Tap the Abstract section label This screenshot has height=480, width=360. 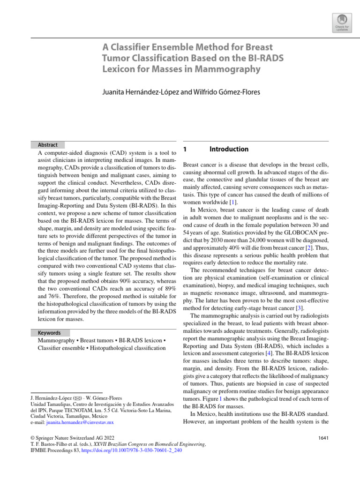(x=45, y=145)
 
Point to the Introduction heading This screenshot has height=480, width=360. (x=229, y=149)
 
